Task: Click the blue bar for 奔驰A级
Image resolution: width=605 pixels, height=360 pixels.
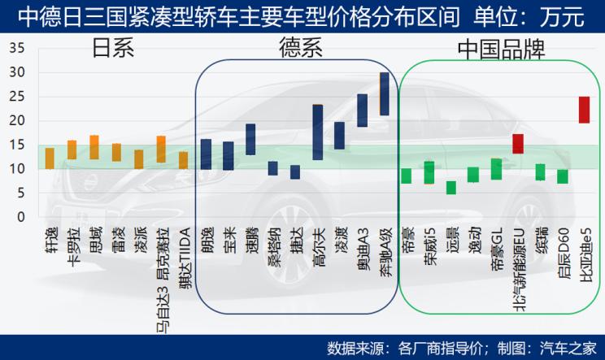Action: click(x=384, y=93)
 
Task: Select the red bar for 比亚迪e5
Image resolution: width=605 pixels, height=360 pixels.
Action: click(x=584, y=110)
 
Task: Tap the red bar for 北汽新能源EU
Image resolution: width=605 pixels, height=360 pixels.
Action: click(x=518, y=144)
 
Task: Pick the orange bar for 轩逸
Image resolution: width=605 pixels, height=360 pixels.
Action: click(x=50, y=158)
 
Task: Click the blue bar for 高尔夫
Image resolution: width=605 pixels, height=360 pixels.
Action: click(x=317, y=132)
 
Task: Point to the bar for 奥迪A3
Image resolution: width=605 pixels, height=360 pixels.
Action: click(x=362, y=110)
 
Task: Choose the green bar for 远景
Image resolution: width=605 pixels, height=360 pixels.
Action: click(x=451, y=188)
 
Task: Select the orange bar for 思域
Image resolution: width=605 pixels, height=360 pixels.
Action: click(x=94, y=147)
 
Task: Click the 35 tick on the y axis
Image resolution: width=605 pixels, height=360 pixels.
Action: click(x=16, y=48)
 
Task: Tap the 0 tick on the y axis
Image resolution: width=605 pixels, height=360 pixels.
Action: click(x=21, y=217)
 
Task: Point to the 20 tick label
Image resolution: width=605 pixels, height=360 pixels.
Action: click(x=16, y=120)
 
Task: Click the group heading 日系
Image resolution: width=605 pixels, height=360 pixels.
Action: click(x=112, y=50)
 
